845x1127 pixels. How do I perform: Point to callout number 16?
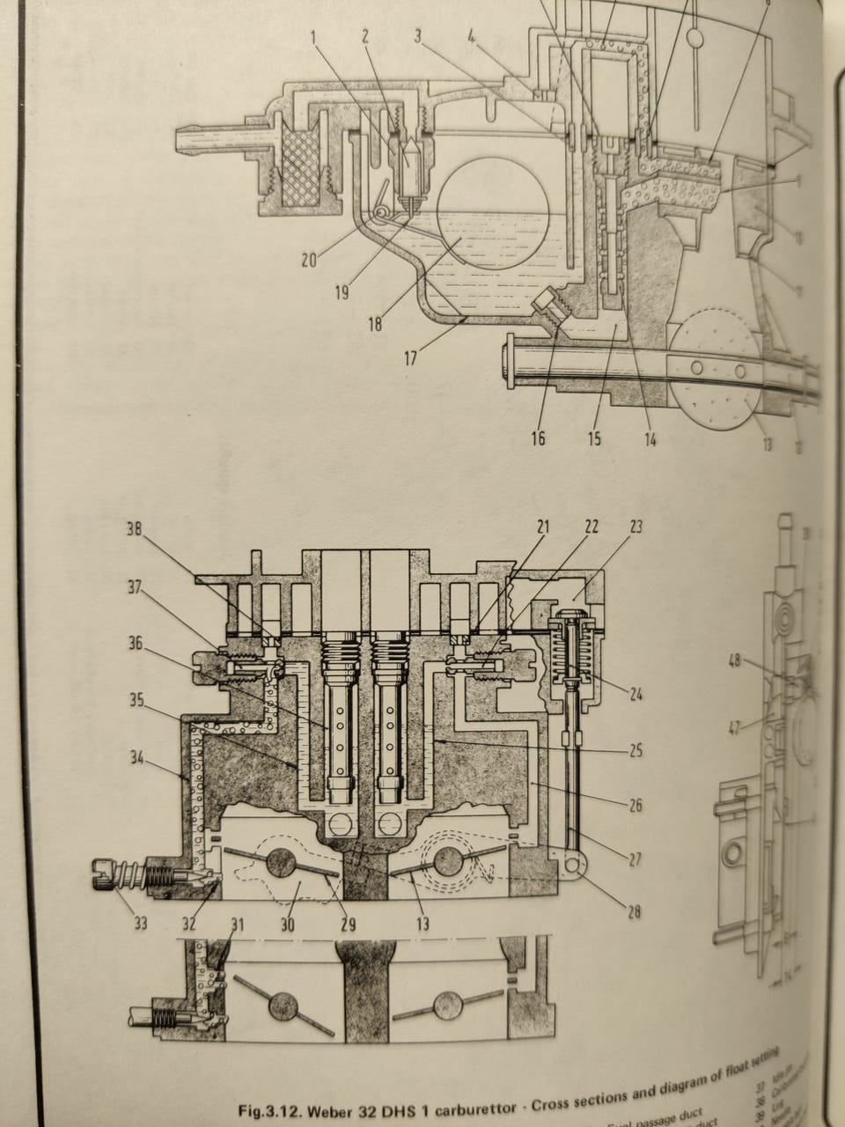click(538, 438)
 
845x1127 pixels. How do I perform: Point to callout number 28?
click(635, 912)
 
